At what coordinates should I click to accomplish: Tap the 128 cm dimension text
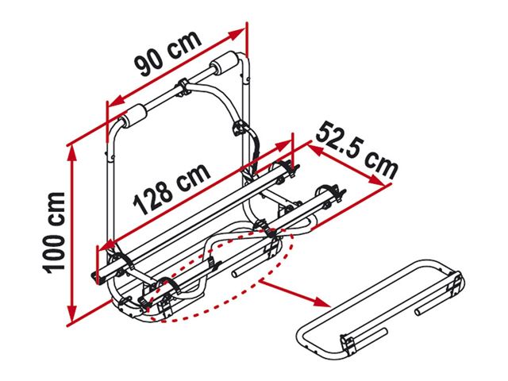(171, 190)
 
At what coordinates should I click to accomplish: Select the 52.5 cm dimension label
(356, 151)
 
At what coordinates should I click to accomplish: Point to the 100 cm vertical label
(54, 233)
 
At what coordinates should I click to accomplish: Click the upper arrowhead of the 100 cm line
(73, 155)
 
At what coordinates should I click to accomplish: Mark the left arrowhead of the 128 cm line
(108, 245)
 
